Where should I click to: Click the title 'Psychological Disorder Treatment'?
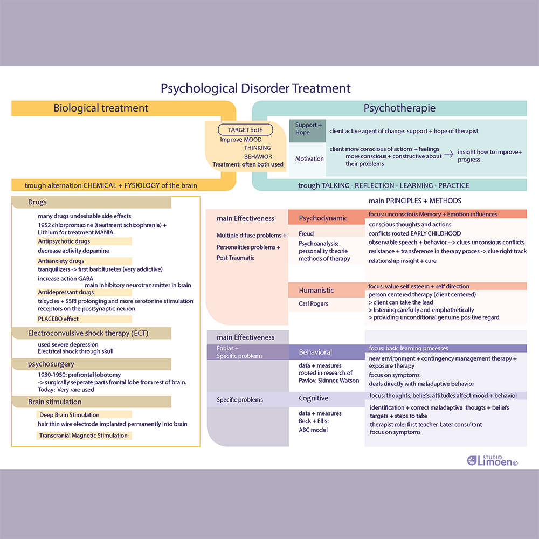pyautogui.click(x=255, y=88)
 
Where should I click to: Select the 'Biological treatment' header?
pyautogui.click(x=101, y=108)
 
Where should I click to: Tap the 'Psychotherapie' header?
pyautogui.click(x=399, y=108)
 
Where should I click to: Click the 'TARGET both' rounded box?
pyautogui.click(x=245, y=130)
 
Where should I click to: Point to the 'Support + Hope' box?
pyautogui.click(x=308, y=129)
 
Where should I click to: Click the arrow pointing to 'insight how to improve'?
pyautogui.click(x=448, y=156)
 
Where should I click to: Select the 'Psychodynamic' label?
pyautogui.click(x=323, y=218)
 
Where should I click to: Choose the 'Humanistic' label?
pyautogui.click(x=316, y=291)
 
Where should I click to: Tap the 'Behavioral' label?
pyautogui.click(x=315, y=352)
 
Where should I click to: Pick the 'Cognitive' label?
pyautogui.click(x=313, y=398)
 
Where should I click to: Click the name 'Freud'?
pyautogui.click(x=306, y=233)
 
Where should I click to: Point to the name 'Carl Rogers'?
pyautogui.click(x=313, y=303)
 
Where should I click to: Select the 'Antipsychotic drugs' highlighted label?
pyautogui.click(x=64, y=241)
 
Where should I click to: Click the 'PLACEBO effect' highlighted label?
pyautogui.click(x=58, y=319)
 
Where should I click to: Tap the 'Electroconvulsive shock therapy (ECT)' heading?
pyautogui.click(x=88, y=334)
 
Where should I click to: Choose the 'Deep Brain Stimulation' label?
pyautogui.click(x=69, y=415)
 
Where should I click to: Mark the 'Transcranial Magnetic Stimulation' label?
pyautogui.click(x=83, y=436)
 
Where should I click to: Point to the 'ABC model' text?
pyautogui.click(x=313, y=430)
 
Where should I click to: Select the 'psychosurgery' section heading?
pyautogui.click(x=51, y=364)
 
